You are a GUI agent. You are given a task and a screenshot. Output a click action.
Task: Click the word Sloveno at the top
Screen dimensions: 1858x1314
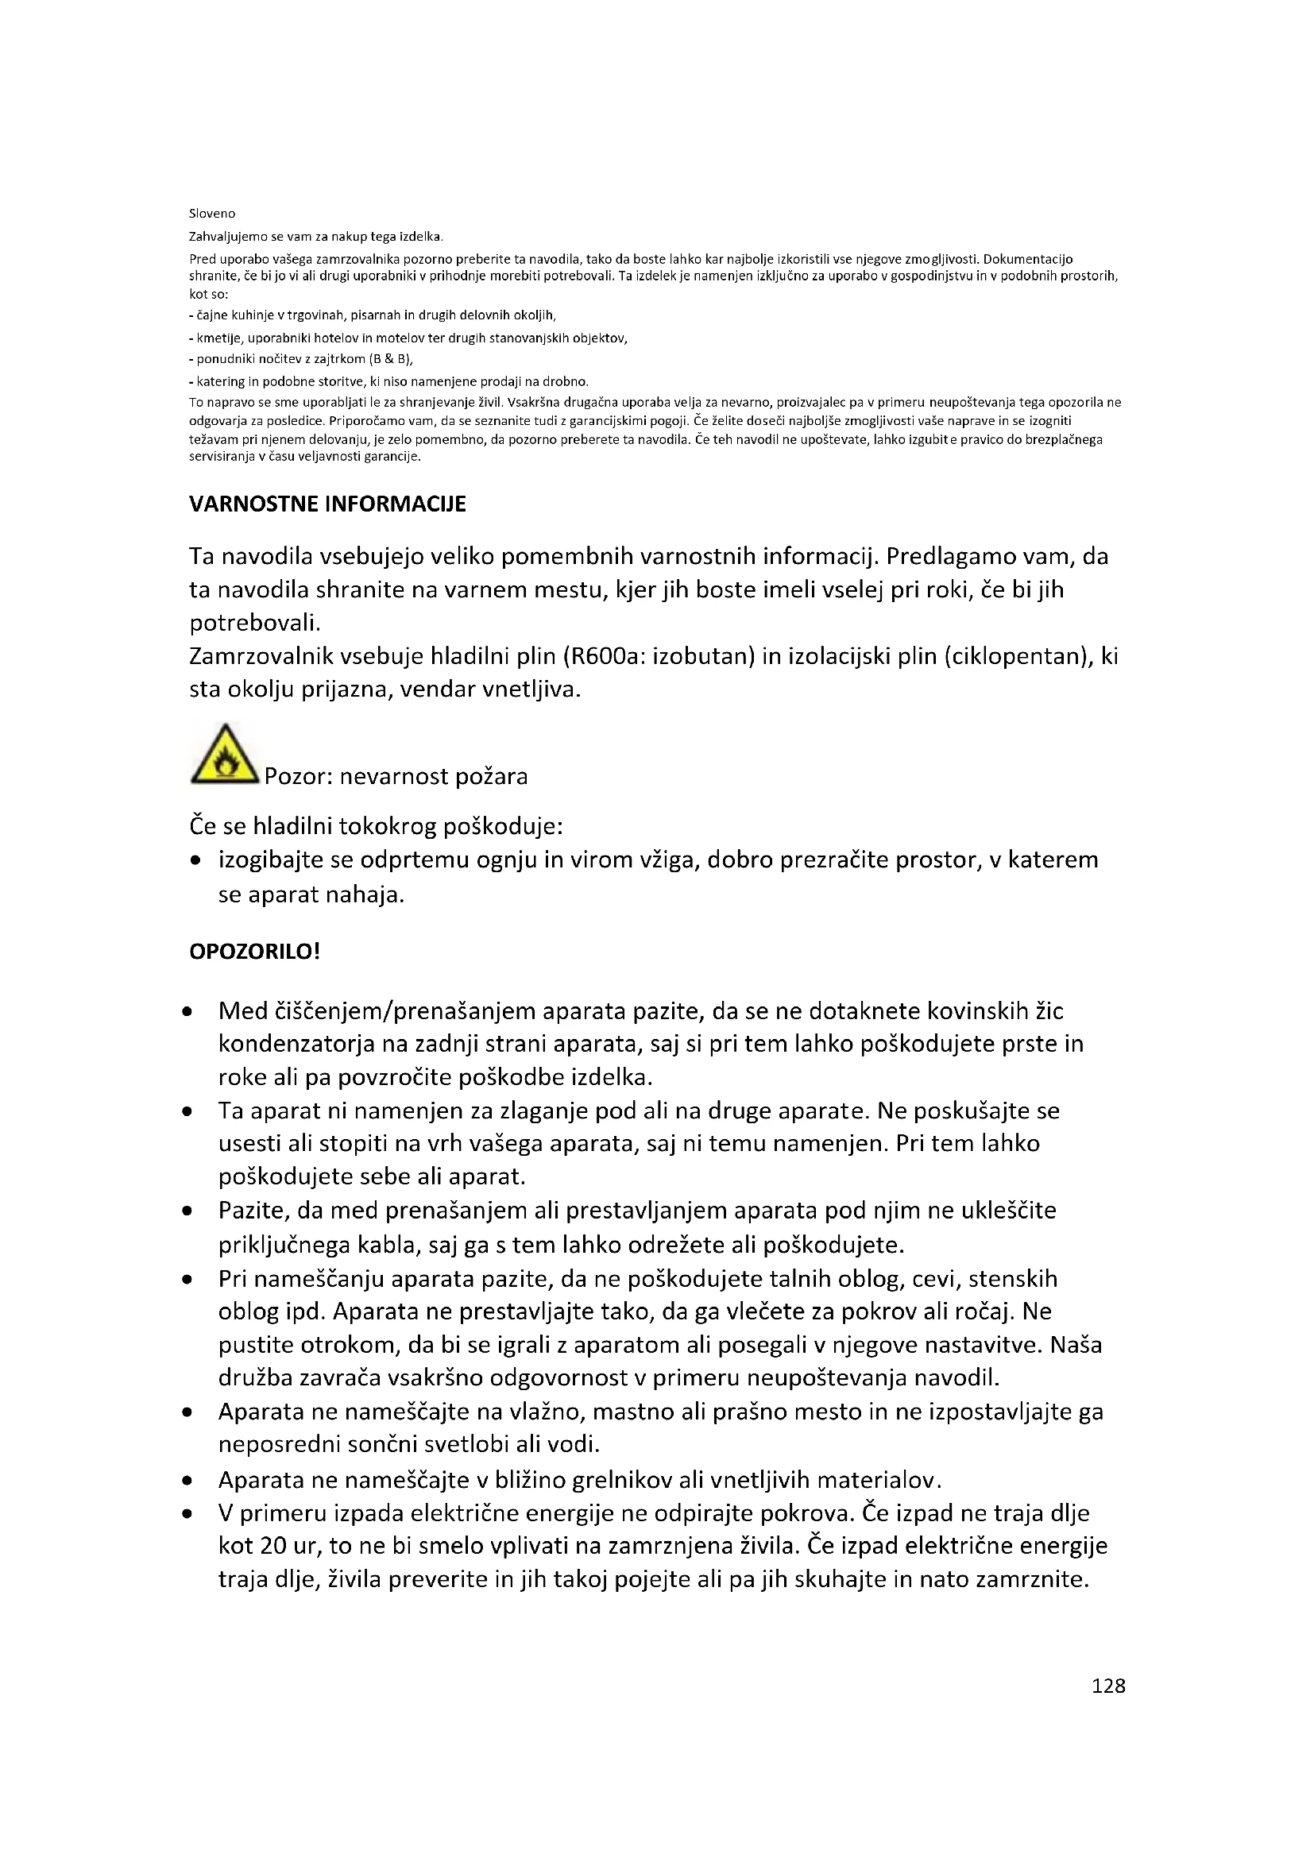[x=212, y=214]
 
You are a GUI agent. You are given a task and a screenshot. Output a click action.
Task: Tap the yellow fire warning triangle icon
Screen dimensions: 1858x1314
[x=223, y=755]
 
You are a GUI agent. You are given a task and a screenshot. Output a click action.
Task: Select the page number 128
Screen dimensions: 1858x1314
[x=1107, y=1686]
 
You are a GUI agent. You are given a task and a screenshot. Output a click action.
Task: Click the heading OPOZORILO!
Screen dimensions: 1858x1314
[x=255, y=952]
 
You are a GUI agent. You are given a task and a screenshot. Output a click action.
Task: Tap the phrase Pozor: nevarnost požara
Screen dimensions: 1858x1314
[x=396, y=777]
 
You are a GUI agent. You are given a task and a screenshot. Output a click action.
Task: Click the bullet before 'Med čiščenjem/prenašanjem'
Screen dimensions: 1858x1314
[x=187, y=1011]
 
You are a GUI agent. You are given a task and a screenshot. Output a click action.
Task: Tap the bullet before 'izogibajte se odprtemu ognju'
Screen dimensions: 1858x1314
[x=195, y=861]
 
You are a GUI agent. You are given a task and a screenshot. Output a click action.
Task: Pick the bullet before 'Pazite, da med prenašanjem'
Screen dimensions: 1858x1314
[x=187, y=1211]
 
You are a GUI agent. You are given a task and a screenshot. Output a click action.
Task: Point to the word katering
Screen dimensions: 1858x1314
[x=220, y=381]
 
